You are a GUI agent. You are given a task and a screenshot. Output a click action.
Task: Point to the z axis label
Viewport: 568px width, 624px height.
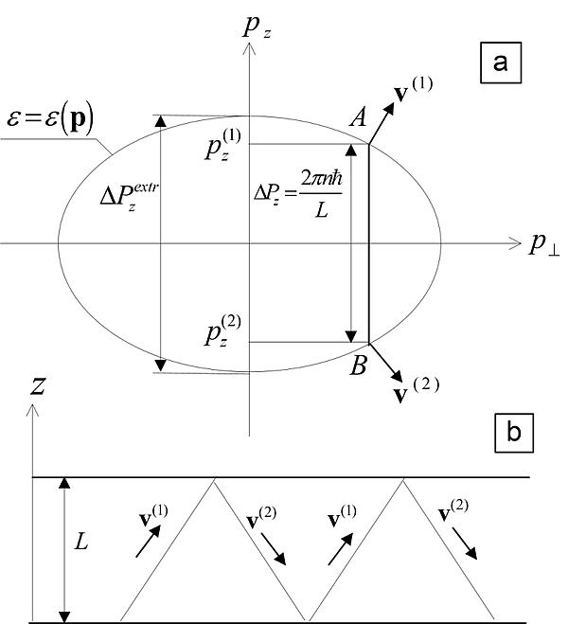[x=38, y=386]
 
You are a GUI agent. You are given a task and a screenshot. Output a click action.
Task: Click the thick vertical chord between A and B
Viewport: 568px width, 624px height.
[x=368, y=244]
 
